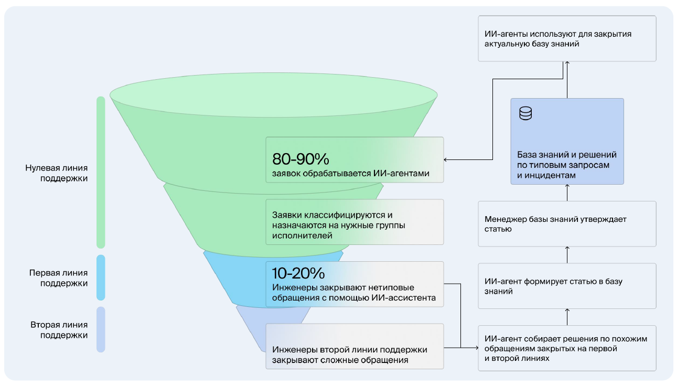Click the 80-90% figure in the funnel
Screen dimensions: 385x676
click(301, 159)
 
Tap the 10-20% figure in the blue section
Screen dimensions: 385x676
click(298, 273)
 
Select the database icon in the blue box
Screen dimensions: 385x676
click(525, 114)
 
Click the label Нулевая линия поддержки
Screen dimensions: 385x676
click(56, 173)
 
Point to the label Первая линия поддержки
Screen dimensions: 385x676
click(58, 278)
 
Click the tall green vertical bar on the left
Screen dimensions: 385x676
click(101, 172)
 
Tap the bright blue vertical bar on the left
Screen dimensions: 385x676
click(101, 277)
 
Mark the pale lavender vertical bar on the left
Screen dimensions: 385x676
click(101, 329)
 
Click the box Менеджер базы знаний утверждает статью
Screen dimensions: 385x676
click(567, 224)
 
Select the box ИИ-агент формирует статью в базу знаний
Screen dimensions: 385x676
click(567, 286)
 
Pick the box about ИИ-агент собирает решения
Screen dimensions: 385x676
click(567, 348)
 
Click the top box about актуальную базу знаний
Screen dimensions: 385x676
click(567, 39)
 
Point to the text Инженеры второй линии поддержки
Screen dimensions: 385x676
click(349, 350)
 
